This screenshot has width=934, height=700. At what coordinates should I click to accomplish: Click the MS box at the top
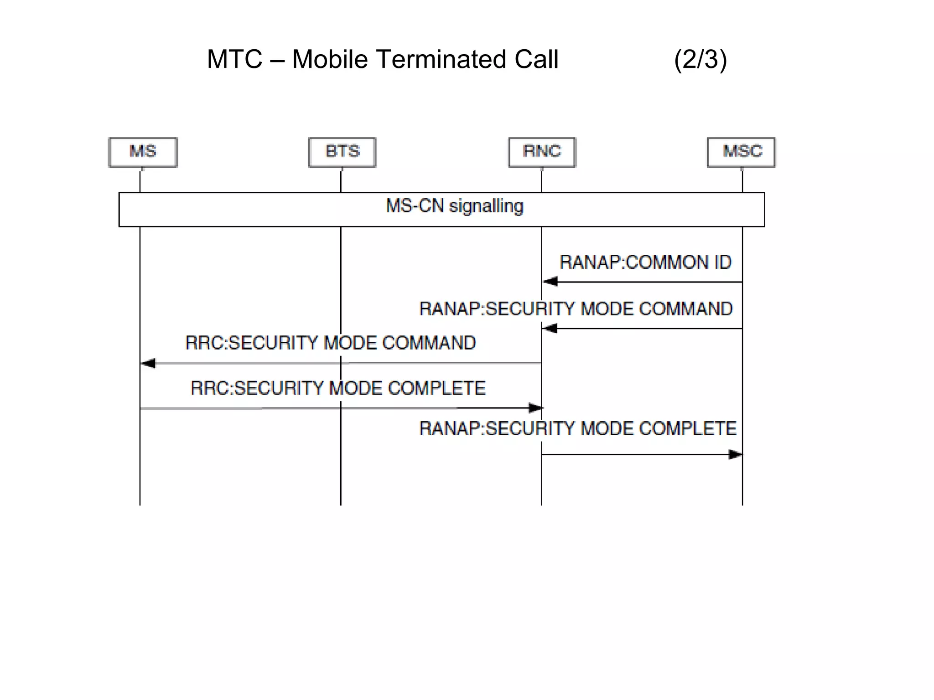(143, 152)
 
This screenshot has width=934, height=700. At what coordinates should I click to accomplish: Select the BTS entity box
(342, 152)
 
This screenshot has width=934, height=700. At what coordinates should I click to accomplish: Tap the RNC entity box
(542, 152)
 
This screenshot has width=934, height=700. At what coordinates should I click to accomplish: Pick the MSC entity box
(741, 152)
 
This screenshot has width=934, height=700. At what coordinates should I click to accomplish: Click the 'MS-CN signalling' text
(454, 206)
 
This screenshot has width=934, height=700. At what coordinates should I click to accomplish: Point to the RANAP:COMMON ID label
(645, 262)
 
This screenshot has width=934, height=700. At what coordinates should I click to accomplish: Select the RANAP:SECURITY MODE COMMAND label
(576, 309)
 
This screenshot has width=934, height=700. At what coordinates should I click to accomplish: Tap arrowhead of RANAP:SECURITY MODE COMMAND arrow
(550, 329)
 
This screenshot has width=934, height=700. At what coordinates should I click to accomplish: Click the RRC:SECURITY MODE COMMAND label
(331, 343)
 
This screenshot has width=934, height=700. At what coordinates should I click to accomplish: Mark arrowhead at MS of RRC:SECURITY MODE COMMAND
(148, 363)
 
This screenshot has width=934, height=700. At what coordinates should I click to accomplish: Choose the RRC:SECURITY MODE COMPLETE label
(338, 388)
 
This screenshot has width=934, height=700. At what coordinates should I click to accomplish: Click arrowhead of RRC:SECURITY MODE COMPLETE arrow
(535, 408)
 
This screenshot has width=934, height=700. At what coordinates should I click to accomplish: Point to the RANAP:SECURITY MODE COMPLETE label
(578, 429)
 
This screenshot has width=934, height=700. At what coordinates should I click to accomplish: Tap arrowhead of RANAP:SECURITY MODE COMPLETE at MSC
(735, 454)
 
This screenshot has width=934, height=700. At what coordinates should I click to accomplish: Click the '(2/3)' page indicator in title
(700, 60)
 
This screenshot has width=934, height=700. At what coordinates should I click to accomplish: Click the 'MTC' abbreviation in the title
(234, 60)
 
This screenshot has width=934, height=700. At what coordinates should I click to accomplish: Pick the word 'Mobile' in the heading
(330, 60)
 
